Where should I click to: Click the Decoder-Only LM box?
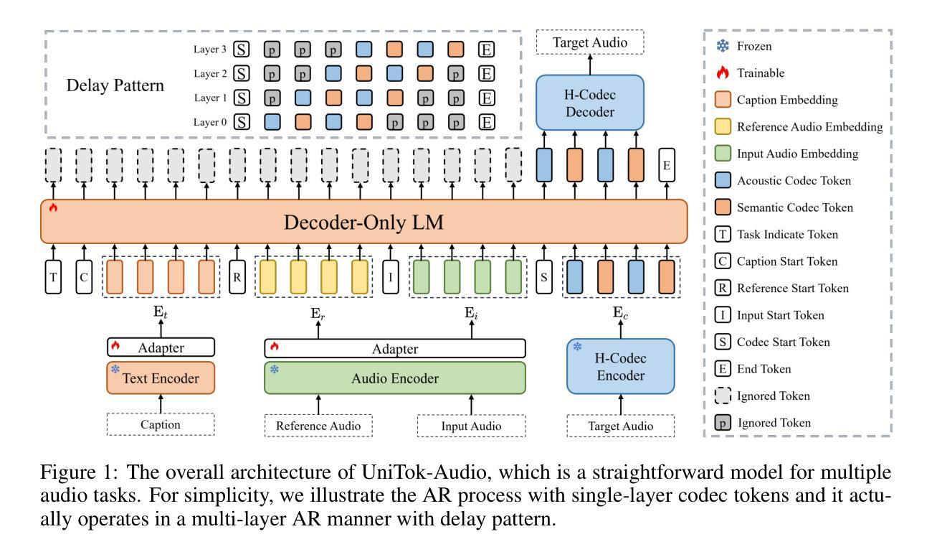coord(363,222)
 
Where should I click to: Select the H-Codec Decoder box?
coord(590,104)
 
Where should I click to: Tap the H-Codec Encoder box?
coord(620,366)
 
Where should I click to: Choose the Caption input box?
coord(161,425)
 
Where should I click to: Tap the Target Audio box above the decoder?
coord(590,44)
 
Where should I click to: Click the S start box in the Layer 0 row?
coord(242,123)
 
